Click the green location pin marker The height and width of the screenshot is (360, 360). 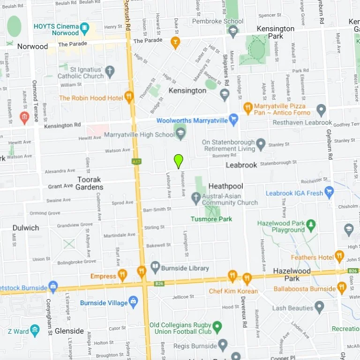[x=178, y=161]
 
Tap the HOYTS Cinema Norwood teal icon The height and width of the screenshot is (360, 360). [x=84, y=28]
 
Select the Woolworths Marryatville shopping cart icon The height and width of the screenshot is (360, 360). [x=233, y=120]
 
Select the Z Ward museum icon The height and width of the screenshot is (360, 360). [x=35, y=330]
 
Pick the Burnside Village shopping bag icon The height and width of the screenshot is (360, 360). [x=134, y=301]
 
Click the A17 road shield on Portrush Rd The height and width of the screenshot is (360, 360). [x=136, y=161]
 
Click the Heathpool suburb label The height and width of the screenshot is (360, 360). [x=225, y=186]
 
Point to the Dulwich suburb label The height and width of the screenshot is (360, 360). [x=26, y=228]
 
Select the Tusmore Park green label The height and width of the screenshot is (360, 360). [x=211, y=219]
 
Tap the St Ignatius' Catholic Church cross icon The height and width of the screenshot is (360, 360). [x=110, y=72]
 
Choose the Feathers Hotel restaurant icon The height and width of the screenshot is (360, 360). [x=339, y=256]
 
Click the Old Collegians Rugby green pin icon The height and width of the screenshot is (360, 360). [x=217, y=326]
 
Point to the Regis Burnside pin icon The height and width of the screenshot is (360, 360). [x=223, y=345]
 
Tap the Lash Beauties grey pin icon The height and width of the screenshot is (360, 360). [x=319, y=307]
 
